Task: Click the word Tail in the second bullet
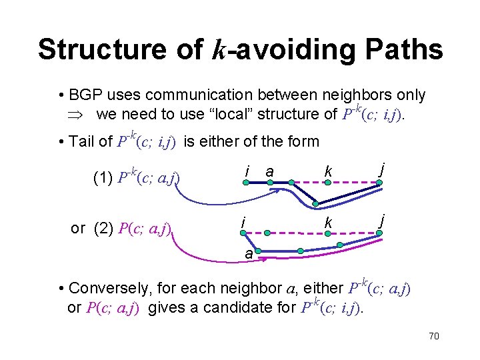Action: point(83,141)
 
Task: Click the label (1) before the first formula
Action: point(104,178)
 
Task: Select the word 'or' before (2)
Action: point(78,229)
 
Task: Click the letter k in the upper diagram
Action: point(328,172)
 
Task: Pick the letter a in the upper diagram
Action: point(269,171)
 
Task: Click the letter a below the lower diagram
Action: point(248,255)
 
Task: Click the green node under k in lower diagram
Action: point(327,233)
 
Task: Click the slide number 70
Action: point(433,336)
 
